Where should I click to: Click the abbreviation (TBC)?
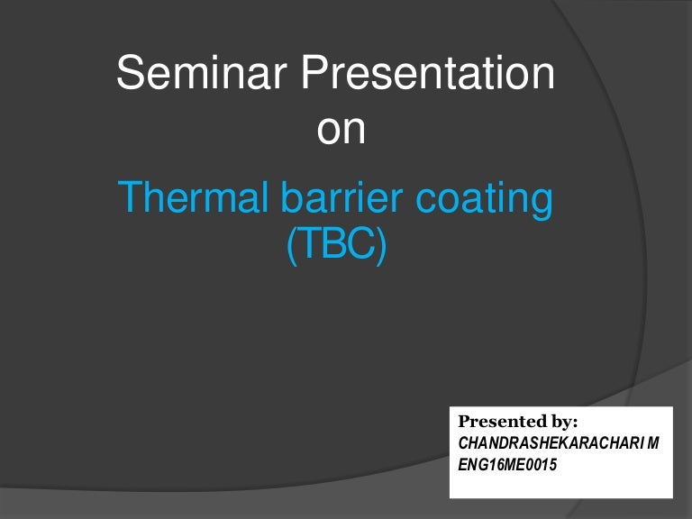[x=336, y=245]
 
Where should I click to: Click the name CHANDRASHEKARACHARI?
[x=560, y=443]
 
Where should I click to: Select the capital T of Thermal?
[x=130, y=199]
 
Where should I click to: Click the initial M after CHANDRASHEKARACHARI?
[x=667, y=443]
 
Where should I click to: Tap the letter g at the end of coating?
[x=540, y=204]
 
